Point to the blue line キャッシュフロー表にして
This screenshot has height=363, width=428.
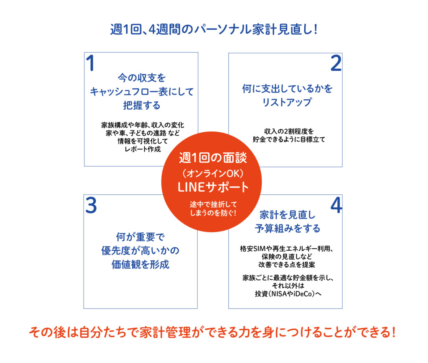click(142, 91)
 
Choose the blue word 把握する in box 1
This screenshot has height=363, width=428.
click(142, 105)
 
